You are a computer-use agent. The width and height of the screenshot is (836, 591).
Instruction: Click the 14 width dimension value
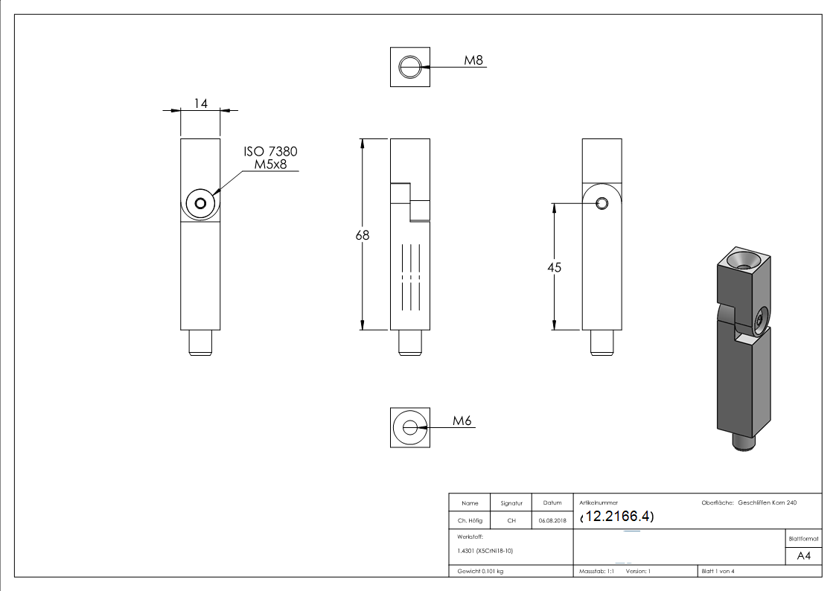pos(200,103)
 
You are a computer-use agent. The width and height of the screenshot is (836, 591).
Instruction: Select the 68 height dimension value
pos(363,234)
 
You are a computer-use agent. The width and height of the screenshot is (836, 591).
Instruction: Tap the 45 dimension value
pos(554,267)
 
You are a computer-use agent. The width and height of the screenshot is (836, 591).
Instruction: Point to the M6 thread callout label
pos(462,421)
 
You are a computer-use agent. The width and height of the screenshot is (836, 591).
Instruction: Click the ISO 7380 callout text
pos(271,152)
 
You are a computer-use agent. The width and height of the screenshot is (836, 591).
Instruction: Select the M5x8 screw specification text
pos(271,164)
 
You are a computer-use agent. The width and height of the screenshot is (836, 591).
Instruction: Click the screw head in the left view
pos(200,203)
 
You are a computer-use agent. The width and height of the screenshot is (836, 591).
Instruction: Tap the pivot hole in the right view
pos(602,202)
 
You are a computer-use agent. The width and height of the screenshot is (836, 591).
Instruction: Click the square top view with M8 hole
pos(409,66)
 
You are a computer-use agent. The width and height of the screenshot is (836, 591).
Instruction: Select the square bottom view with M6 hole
pos(409,427)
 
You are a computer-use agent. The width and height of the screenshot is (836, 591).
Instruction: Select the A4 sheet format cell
pos(803,556)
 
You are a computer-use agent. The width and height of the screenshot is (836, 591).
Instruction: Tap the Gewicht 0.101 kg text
pos(481,571)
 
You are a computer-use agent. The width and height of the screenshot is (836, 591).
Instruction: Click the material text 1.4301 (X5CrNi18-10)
pos(486,551)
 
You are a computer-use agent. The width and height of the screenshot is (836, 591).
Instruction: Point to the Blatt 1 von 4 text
pos(718,571)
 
